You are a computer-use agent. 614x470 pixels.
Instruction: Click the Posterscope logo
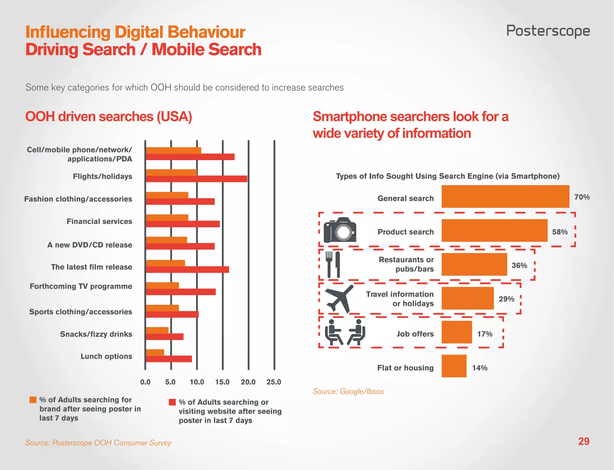(x=548, y=31)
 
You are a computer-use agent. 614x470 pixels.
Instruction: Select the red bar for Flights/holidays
(x=196, y=179)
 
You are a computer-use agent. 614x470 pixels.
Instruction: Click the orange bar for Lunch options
(x=155, y=352)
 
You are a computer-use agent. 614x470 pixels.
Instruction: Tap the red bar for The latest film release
(x=187, y=269)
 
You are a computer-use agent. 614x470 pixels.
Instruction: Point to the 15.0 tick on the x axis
(x=222, y=382)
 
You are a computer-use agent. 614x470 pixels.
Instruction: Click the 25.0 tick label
(x=274, y=382)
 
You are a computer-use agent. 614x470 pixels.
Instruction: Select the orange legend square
(x=33, y=400)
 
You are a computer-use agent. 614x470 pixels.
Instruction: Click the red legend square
(x=172, y=402)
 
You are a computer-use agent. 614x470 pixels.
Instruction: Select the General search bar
(x=505, y=196)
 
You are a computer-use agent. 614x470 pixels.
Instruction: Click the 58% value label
(x=560, y=232)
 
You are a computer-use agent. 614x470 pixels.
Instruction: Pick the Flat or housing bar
(x=454, y=366)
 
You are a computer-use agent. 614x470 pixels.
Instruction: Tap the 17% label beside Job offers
(x=485, y=334)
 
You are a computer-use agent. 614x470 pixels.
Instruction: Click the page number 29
(x=583, y=441)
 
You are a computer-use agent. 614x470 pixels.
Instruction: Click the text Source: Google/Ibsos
(x=348, y=391)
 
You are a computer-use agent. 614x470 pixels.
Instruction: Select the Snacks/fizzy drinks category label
(x=96, y=334)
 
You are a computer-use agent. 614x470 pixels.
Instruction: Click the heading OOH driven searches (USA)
(x=109, y=117)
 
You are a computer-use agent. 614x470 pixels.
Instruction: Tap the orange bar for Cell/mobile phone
(x=173, y=151)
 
